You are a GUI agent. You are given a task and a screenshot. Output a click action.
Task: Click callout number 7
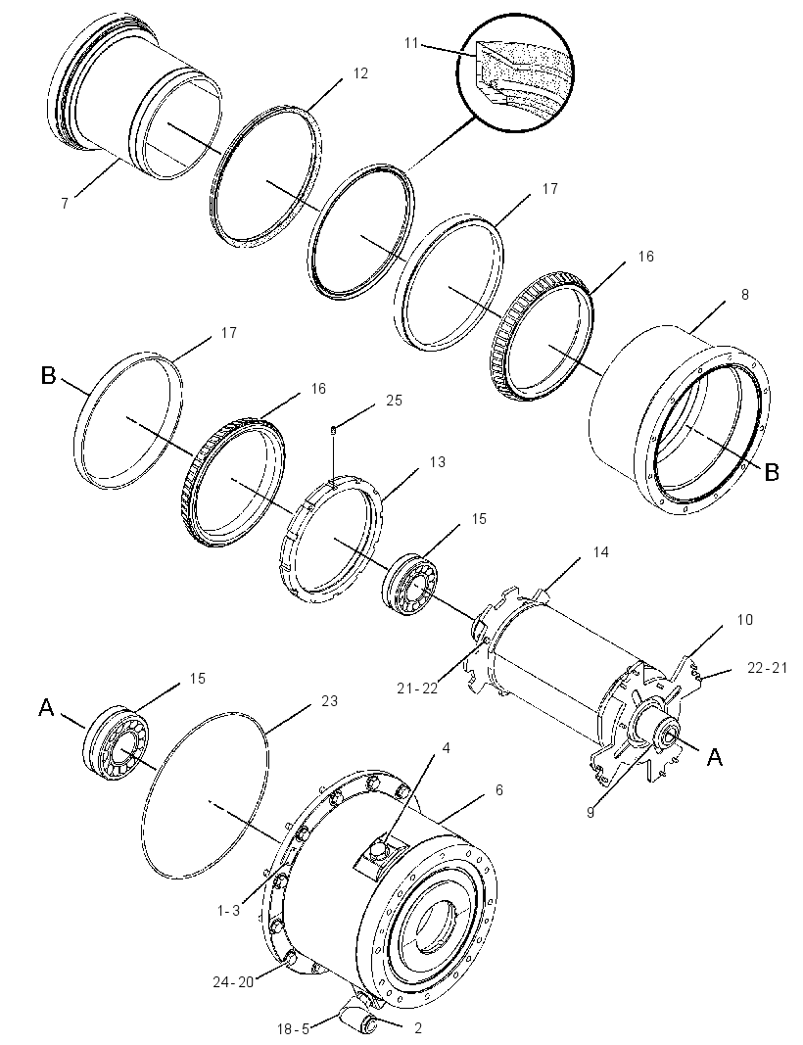tap(65, 204)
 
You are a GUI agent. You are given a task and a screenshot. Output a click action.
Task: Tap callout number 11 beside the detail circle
tap(411, 43)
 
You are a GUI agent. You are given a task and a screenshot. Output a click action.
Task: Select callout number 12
tap(359, 73)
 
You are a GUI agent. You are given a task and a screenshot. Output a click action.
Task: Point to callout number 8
tap(745, 294)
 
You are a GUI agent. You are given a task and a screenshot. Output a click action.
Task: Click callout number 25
tap(395, 401)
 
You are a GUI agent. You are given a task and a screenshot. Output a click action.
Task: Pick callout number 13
tap(437, 462)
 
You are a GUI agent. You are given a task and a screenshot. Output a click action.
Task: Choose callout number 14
tap(600, 551)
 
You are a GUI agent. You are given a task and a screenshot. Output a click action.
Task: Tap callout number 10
tap(744, 620)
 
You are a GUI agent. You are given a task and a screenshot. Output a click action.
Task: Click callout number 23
tap(329, 700)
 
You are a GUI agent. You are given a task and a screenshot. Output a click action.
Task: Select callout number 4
tap(447, 748)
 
